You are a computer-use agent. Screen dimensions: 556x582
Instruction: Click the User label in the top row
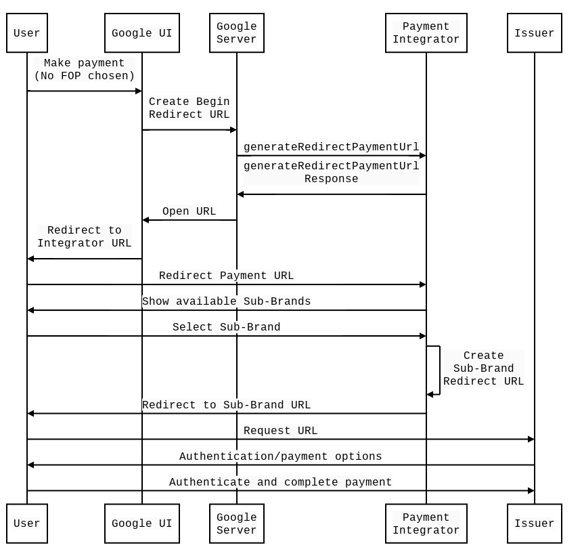point(27,33)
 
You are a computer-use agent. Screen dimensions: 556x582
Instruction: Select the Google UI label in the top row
point(142,33)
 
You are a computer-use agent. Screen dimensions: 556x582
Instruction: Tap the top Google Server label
point(237,33)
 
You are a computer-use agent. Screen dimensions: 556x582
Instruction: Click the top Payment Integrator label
point(426,33)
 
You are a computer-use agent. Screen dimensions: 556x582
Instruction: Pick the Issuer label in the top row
point(535,33)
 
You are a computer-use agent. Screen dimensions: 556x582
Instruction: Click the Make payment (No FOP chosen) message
point(85,69)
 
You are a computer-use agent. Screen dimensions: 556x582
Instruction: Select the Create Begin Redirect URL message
point(189,108)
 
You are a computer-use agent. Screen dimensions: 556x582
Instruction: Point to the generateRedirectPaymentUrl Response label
point(332,173)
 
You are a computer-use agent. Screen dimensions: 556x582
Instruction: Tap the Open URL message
point(189,211)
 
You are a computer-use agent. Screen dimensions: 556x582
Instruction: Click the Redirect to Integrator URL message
point(85,237)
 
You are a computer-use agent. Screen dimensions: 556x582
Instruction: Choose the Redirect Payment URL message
point(227,276)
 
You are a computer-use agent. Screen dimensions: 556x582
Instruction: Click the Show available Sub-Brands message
point(227,301)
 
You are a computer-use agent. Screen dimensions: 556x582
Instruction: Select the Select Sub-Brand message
point(227,327)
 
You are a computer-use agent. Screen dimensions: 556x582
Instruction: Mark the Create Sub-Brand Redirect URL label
point(484,368)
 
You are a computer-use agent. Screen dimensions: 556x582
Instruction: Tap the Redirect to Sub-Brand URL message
point(227,405)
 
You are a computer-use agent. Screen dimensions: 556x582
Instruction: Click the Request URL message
point(281,431)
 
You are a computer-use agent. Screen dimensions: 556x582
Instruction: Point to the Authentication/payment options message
point(281,456)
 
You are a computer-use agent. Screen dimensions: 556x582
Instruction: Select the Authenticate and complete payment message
point(281,482)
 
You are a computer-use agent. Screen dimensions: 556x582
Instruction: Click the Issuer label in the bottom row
point(535,523)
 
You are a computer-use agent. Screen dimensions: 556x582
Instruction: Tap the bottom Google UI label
point(142,523)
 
